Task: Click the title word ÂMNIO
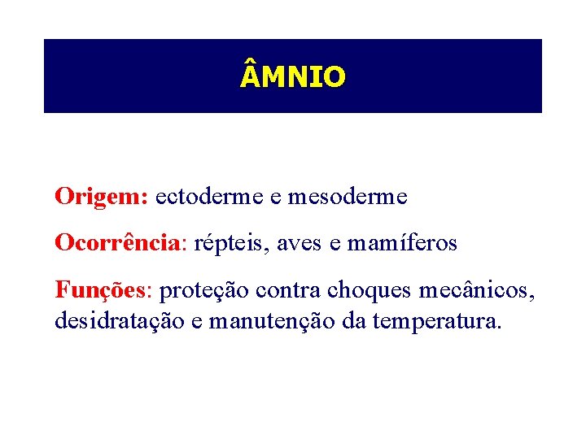(293, 76)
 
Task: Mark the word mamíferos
(402, 243)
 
